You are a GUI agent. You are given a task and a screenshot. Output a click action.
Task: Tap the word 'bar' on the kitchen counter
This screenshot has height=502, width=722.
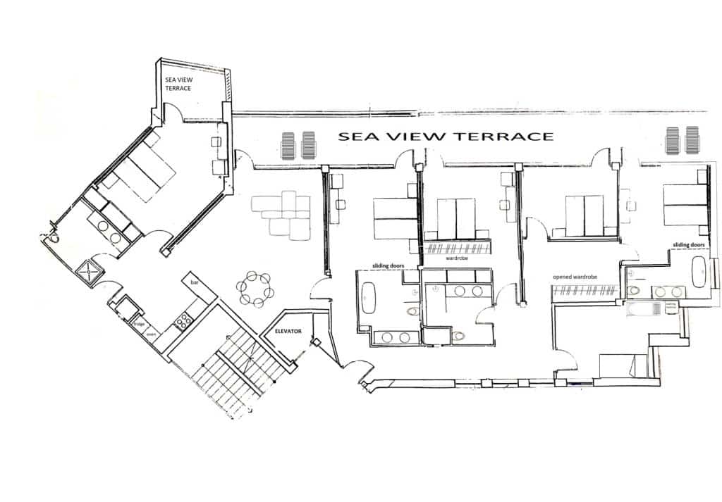click(x=194, y=283)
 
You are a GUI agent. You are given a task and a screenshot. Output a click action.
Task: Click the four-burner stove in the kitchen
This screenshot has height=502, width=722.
click(x=183, y=322)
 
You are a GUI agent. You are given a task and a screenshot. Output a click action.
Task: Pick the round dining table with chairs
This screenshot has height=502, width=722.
click(x=254, y=288)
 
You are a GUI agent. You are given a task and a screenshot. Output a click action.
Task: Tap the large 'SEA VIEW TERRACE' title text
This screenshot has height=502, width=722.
click(x=446, y=137)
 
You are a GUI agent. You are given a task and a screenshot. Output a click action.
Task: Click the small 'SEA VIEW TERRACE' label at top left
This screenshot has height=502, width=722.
click(x=179, y=85)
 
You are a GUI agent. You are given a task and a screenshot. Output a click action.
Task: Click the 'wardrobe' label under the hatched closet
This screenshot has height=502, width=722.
click(x=458, y=258)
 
